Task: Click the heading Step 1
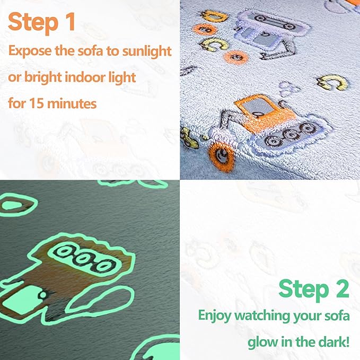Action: (x=42, y=22)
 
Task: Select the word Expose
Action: (x=31, y=51)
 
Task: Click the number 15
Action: (x=38, y=103)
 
